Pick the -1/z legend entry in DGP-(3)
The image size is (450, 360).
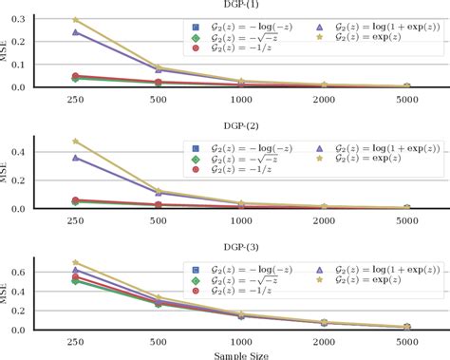[x=222, y=291]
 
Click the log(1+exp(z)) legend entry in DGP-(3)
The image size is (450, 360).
[x=378, y=270]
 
